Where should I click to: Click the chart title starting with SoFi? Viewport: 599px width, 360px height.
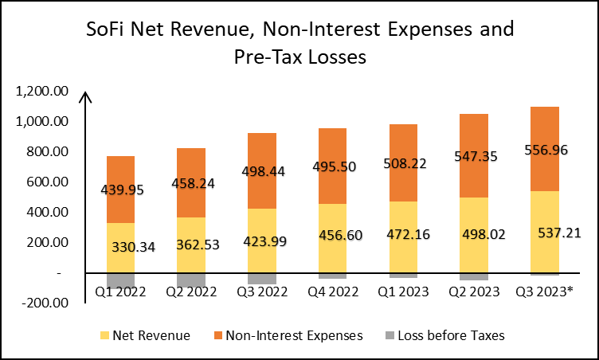(x=299, y=44)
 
